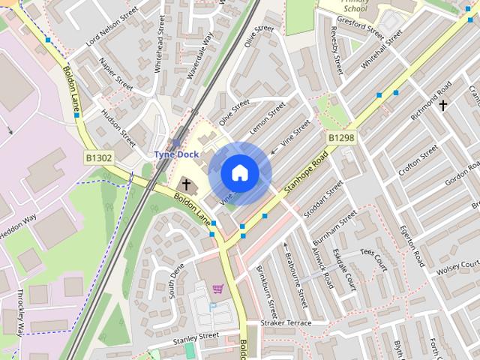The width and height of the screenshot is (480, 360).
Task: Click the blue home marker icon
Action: pos(239,173)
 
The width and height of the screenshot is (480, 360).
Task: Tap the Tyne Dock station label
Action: pos(175,154)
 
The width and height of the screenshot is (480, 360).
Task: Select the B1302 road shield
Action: pos(98,158)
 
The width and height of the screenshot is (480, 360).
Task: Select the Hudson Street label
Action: pos(118,128)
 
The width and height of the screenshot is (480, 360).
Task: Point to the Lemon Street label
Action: pos(268,118)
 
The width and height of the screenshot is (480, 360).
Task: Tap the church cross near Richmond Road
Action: pos(443,105)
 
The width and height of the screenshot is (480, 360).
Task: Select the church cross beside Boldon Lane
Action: pos(185,184)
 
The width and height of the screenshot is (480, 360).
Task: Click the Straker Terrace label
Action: pos(285,322)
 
